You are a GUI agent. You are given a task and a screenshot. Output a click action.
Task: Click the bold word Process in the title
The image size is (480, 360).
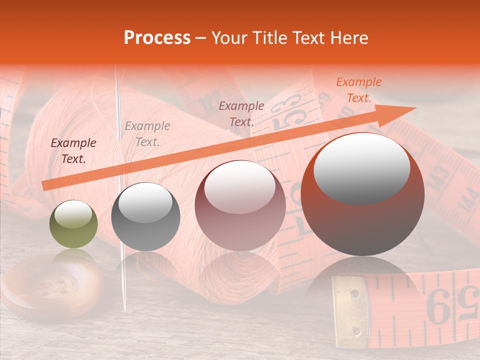pyautogui.click(x=157, y=38)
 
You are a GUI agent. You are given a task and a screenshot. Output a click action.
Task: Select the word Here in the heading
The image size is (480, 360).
pyautogui.click(x=349, y=38)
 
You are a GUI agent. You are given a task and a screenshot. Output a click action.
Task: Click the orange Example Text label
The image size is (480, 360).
pyautogui.click(x=358, y=90)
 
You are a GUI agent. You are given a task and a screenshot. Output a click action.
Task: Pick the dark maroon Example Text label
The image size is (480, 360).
pyautogui.click(x=73, y=151)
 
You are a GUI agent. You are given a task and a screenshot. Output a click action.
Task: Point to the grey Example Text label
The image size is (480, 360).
pyautogui.click(x=147, y=134)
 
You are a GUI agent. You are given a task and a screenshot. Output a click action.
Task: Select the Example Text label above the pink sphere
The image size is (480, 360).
pyautogui.click(x=241, y=113)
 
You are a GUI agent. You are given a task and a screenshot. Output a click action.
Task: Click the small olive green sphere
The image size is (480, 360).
pyautogui.click(x=73, y=224)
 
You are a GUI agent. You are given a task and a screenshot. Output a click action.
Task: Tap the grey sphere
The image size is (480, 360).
pyautogui.click(x=145, y=216)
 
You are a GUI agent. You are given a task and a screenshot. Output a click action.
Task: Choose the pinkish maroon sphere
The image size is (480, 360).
pyautogui.click(x=240, y=205)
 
